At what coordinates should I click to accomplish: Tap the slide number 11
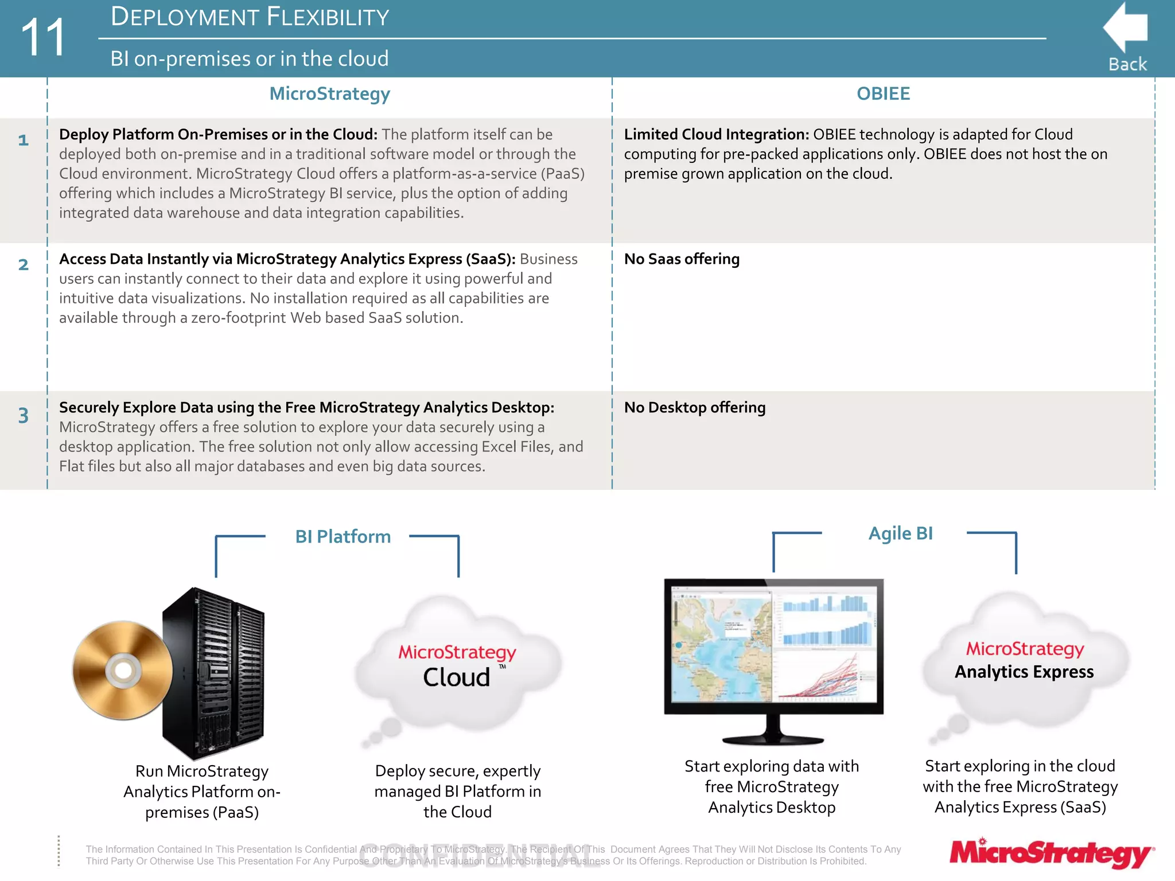[43, 37]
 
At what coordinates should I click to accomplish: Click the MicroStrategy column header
[330, 93]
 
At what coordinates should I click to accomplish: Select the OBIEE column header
[883, 93]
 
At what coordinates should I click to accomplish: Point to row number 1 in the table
[23, 140]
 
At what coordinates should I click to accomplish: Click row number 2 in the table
[23, 264]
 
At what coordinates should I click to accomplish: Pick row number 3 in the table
[23, 415]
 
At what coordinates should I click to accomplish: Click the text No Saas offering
[682, 259]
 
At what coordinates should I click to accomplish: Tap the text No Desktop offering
[694, 408]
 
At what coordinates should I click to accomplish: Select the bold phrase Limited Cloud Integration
[716, 134]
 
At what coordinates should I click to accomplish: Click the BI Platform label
[343, 537]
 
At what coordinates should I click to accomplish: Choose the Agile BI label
[900, 533]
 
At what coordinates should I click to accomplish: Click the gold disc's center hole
[123, 670]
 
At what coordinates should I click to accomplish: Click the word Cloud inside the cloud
[457, 677]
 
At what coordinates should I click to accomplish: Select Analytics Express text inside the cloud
[1024, 672]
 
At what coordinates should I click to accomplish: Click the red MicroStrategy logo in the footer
[1051, 853]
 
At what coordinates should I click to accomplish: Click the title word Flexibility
[328, 17]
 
